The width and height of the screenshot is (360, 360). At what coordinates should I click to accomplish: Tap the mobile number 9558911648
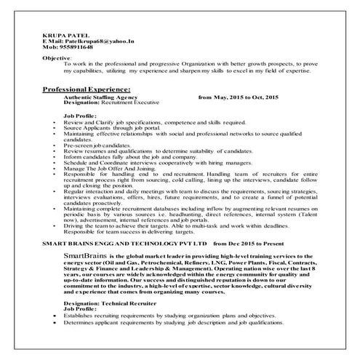pyautogui.click(x=71, y=48)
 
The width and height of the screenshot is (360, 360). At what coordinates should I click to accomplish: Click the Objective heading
pyautogui.click(x=57, y=57)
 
